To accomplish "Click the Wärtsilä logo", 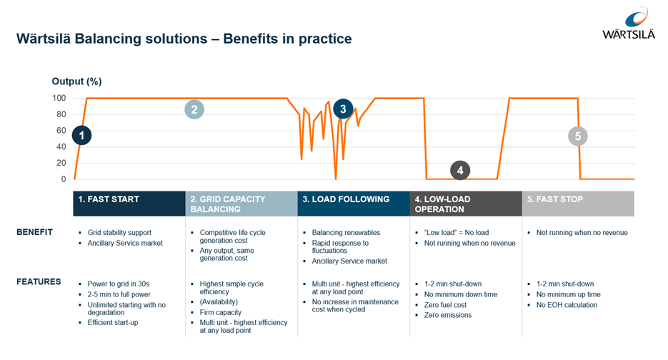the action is [x=629, y=24].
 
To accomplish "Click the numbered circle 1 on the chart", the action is [x=81, y=136].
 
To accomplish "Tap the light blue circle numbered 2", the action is [x=194, y=109].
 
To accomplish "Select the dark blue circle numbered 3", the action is [x=343, y=109].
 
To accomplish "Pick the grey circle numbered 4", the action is [x=460, y=171].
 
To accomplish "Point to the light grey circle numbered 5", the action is [x=578, y=136].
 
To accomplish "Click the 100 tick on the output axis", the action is [x=59, y=98].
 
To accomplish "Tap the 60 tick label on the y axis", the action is [x=61, y=131].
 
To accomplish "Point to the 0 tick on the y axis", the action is [x=64, y=179].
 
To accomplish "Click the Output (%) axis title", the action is [x=76, y=81].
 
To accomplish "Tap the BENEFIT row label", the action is [x=34, y=232].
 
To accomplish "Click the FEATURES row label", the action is [x=39, y=281].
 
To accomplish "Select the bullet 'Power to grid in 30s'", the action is [x=119, y=284].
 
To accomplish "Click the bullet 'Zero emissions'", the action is [x=448, y=315].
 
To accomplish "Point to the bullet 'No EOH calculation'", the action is [x=567, y=305].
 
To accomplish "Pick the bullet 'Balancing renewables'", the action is [x=346, y=233].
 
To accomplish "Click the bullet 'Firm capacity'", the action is [x=221, y=312].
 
